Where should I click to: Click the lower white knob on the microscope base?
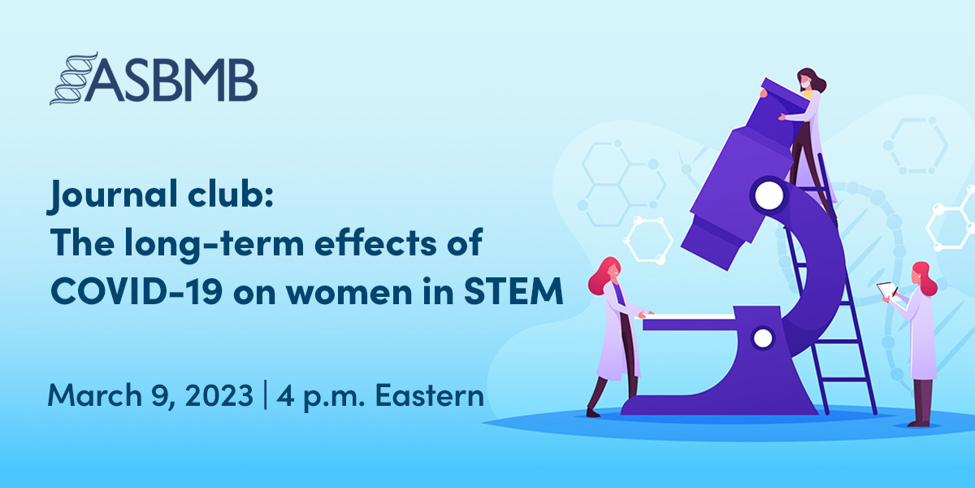[x=763, y=337]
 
